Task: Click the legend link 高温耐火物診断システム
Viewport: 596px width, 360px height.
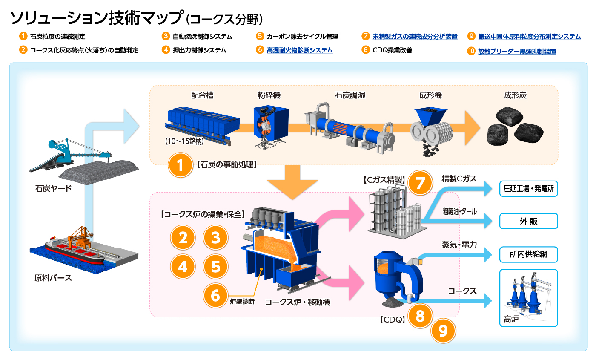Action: tap(299, 50)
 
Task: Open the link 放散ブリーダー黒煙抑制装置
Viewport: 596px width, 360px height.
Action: tap(517, 52)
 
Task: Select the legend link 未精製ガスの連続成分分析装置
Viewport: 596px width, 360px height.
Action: tap(415, 37)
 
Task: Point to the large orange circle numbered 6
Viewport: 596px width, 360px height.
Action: tap(216, 294)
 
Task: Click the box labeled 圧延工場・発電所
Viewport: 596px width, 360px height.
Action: tap(528, 189)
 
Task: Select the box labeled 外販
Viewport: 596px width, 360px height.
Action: tap(528, 222)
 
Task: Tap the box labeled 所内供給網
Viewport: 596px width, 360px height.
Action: tap(528, 255)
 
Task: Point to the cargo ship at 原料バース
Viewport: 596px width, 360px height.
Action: tap(74, 251)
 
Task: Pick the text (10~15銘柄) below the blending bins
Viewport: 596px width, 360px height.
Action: tap(185, 141)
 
